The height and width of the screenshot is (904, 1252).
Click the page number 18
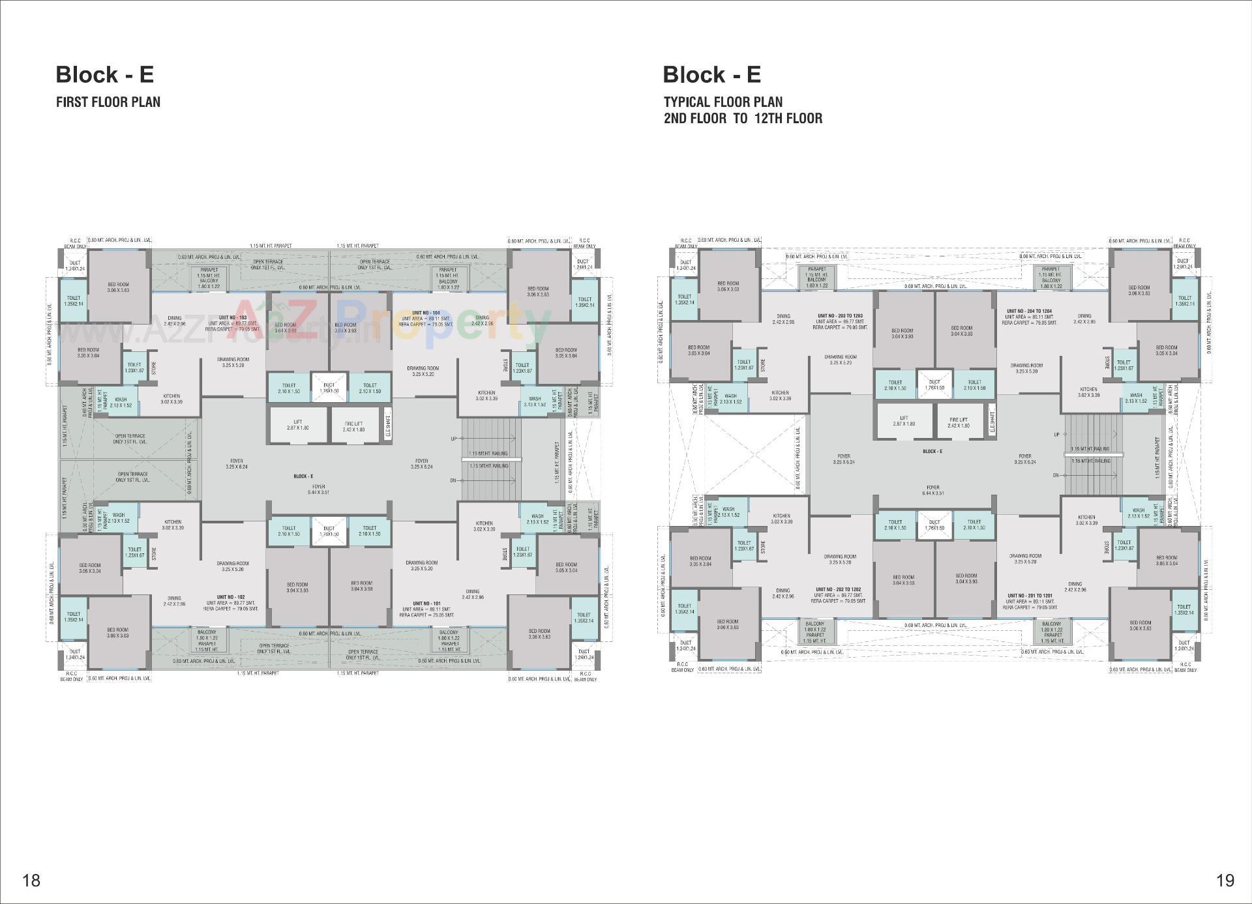(x=31, y=881)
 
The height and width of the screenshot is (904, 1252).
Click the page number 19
(x=1225, y=881)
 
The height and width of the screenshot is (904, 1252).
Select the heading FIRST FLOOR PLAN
(x=108, y=102)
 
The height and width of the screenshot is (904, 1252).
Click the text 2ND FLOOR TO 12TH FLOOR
(x=743, y=119)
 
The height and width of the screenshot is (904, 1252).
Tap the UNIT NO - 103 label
(x=232, y=317)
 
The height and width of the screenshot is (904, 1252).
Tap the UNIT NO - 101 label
(x=426, y=604)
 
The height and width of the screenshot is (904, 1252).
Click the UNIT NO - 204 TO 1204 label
(x=1029, y=311)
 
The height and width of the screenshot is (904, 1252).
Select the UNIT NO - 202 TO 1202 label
(x=838, y=589)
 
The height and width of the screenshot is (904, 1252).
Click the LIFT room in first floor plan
(x=297, y=425)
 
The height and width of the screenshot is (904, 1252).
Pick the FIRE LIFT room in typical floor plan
(x=959, y=422)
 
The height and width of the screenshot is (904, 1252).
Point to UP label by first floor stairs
(x=453, y=439)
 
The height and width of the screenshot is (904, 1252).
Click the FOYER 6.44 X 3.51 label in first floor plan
(x=319, y=489)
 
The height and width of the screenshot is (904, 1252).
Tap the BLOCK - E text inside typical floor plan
(x=932, y=451)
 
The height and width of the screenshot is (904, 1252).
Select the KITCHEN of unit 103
(x=171, y=399)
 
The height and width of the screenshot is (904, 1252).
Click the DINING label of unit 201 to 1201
(x=1075, y=587)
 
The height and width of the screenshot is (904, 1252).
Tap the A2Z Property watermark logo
(x=391, y=319)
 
